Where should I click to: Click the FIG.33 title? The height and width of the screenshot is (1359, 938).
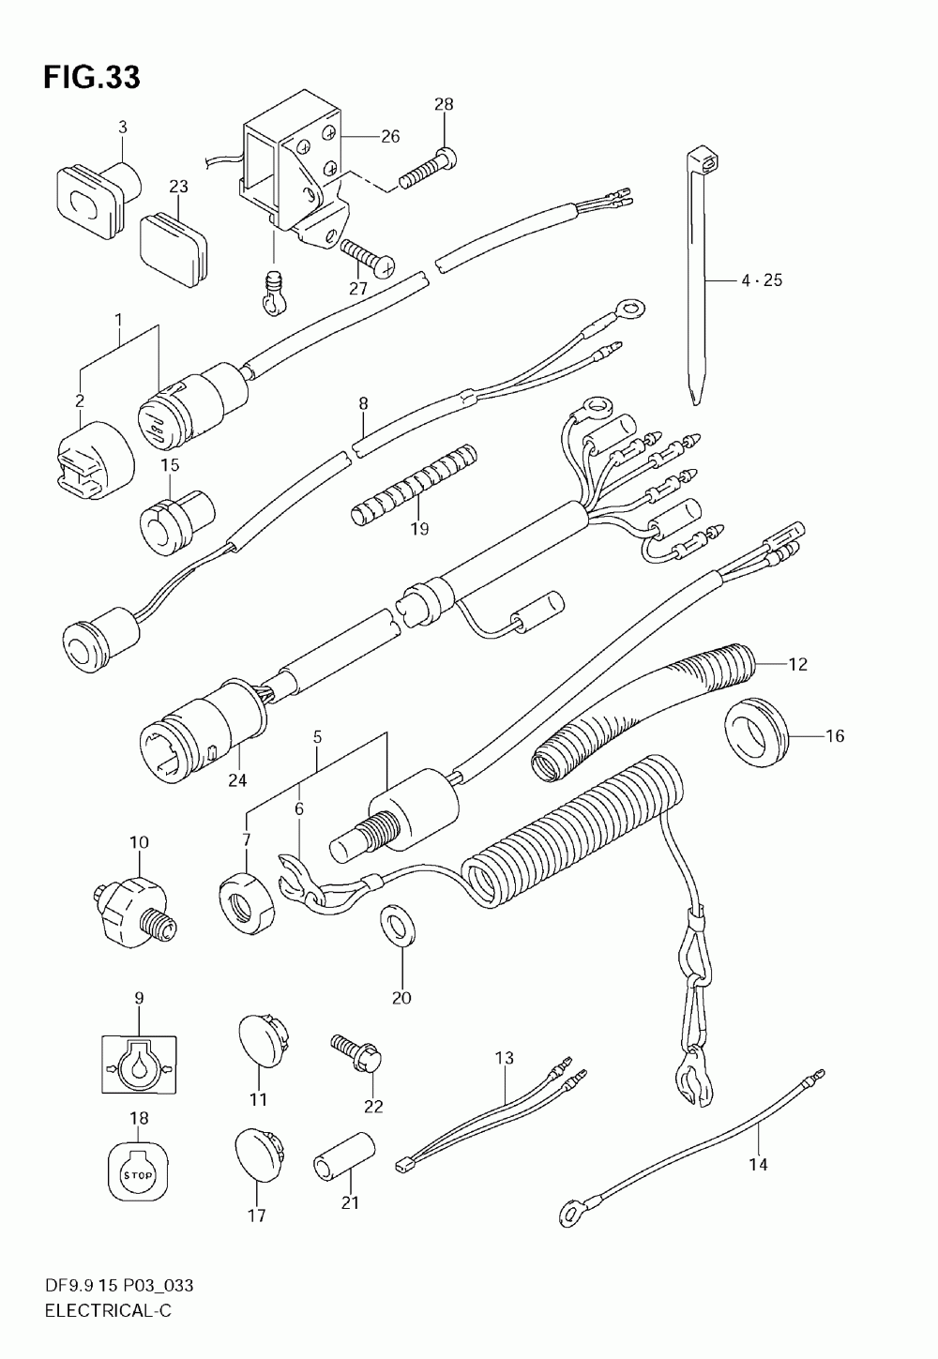[91, 78]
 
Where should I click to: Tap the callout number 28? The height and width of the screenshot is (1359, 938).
[443, 104]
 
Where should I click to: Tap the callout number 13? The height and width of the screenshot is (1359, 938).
[504, 1059]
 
